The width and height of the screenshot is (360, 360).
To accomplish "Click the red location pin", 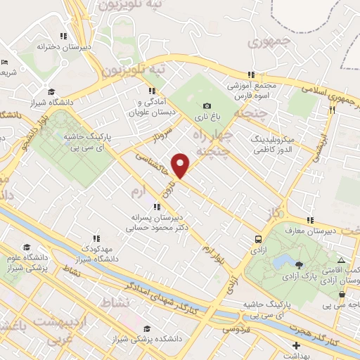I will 181,165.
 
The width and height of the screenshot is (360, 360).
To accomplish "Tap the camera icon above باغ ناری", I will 207,105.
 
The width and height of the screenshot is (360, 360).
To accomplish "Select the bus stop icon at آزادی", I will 259,239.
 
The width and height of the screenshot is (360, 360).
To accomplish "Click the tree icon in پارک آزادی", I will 300,264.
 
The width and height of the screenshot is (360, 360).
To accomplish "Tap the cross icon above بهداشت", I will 297,345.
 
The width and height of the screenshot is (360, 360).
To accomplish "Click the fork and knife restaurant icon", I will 331,110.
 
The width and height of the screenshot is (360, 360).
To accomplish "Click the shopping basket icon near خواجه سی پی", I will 342,295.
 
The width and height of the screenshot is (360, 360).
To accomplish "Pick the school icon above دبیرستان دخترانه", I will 63,36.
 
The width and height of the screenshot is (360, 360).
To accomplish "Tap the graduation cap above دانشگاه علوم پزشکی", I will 26,247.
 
